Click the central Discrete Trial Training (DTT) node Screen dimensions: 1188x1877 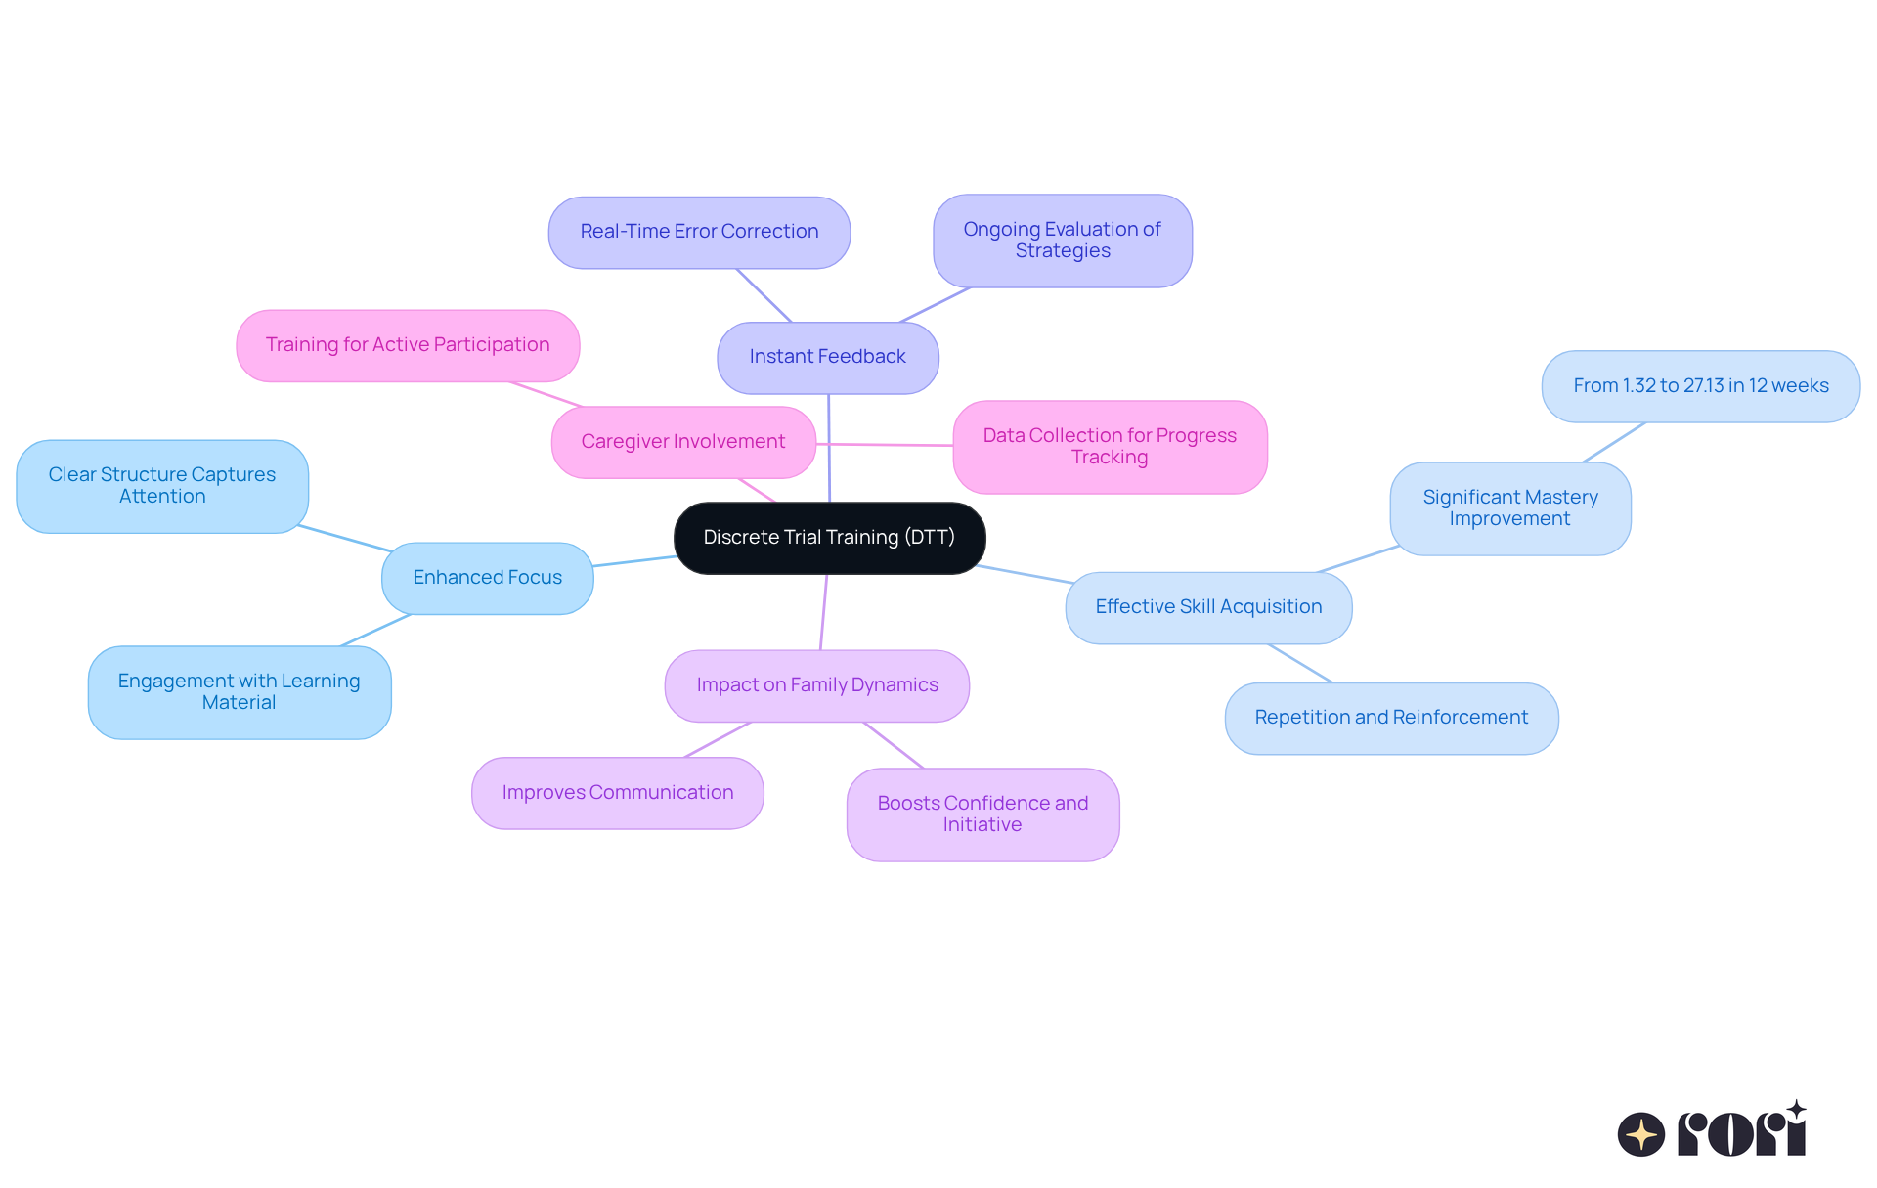[829, 538]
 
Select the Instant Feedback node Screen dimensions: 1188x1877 [827, 358]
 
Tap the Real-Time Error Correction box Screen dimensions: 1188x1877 [699, 233]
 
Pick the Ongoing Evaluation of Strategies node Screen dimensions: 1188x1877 [1062, 241]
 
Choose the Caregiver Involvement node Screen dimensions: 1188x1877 [682, 442]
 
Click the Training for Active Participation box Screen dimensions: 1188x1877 [408, 345]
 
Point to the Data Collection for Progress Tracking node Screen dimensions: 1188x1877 [1110, 447]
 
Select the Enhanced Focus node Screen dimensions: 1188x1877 [487, 578]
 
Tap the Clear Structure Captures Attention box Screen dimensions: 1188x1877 [162, 486]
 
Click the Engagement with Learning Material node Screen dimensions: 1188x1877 [239, 692]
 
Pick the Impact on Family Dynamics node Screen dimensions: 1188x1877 [816, 685]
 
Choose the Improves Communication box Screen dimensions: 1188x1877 [617, 793]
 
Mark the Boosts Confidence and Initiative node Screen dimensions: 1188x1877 [982, 814]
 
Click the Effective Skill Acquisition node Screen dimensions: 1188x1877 [1208, 607]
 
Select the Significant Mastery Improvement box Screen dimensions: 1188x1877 [1509, 508]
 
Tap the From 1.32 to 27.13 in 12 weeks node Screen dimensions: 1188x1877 [1700, 386]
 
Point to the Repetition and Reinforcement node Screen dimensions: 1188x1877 [1390, 718]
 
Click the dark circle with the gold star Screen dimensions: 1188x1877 [1640, 1134]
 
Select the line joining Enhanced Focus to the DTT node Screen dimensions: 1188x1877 [633, 561]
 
